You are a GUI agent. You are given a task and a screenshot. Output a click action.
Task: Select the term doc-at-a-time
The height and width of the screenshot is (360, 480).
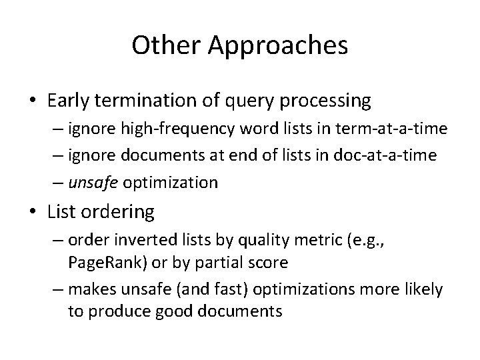coord(397,156)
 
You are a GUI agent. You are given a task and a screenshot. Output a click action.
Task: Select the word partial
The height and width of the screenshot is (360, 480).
coord(219,263)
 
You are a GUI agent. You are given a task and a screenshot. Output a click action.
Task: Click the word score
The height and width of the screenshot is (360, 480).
coord(267,263)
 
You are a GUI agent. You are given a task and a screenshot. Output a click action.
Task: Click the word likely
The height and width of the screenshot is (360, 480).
coord(422,290)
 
